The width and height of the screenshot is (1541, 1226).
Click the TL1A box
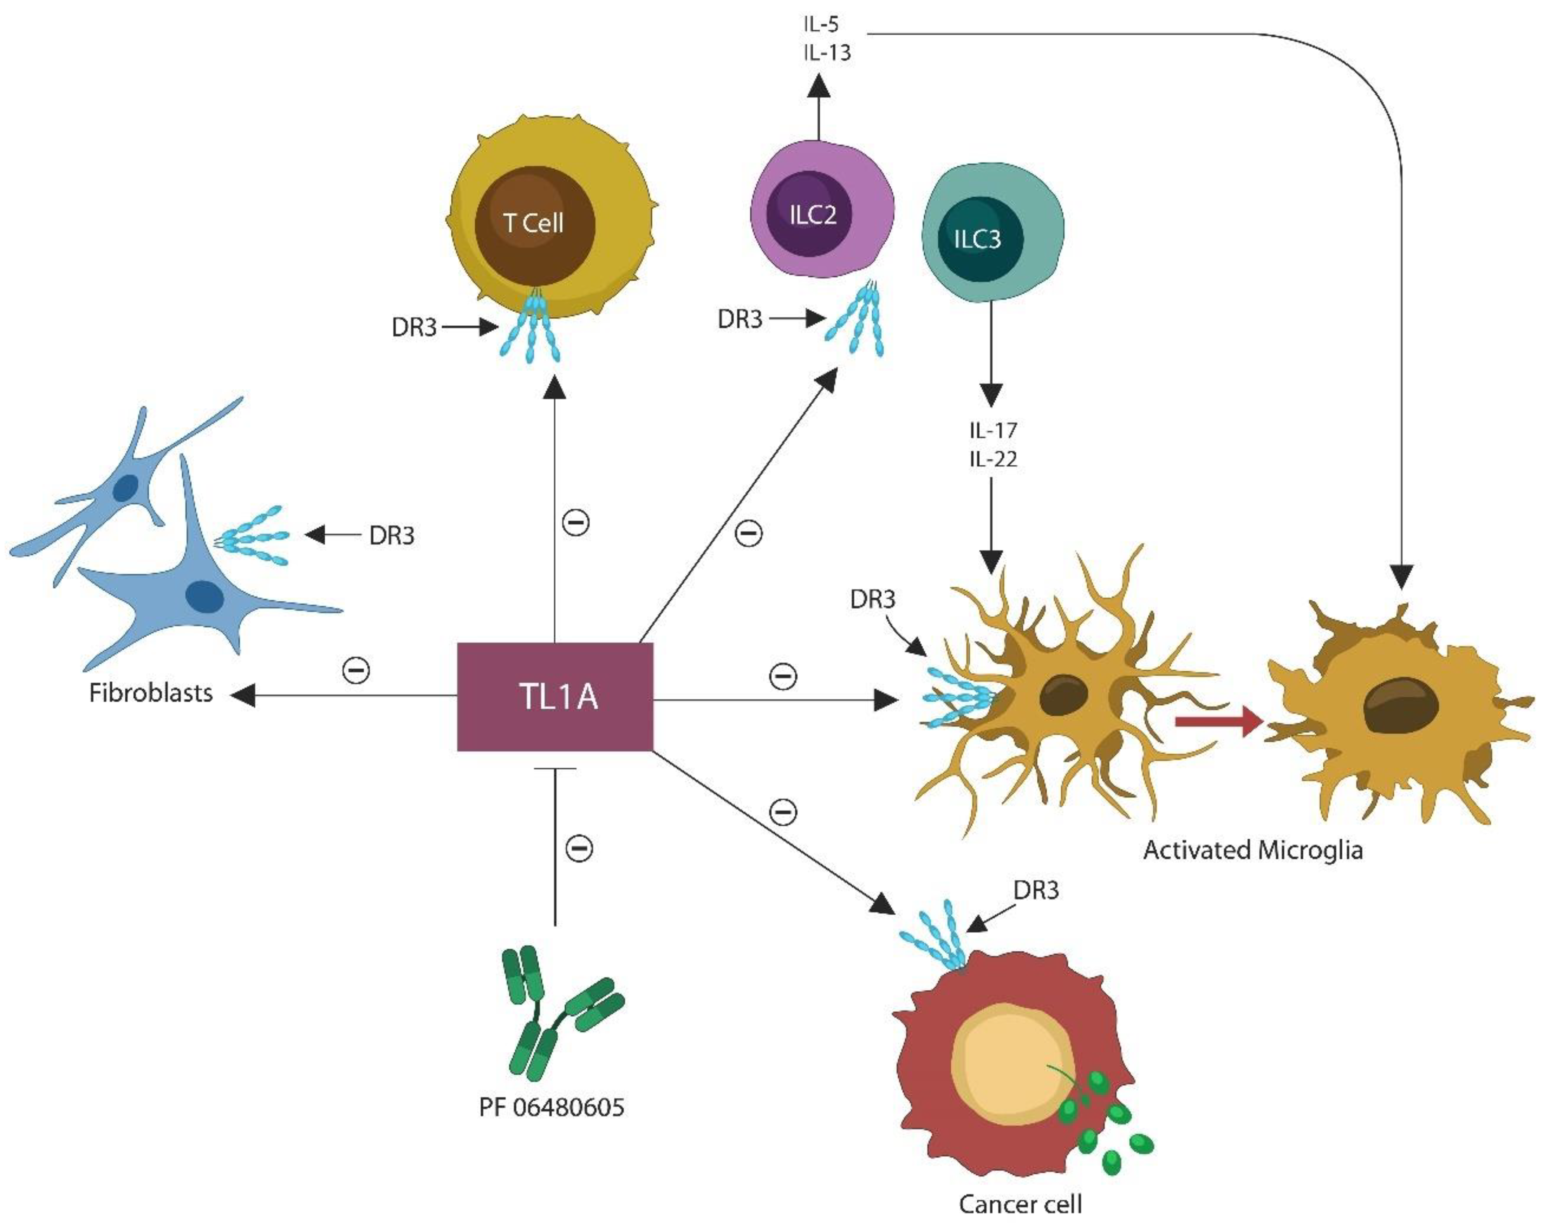pos(555,696)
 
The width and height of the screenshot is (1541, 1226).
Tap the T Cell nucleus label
pos(534,223)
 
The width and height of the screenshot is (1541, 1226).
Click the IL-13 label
pos(827,52)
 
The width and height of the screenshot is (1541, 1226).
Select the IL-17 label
pos(993,430)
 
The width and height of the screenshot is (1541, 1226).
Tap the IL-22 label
pos(993,458)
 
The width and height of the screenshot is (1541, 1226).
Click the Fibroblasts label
pos(151,693)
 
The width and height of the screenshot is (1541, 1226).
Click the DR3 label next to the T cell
pos(414,328)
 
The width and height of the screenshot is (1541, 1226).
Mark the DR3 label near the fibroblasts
pos(392,535)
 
